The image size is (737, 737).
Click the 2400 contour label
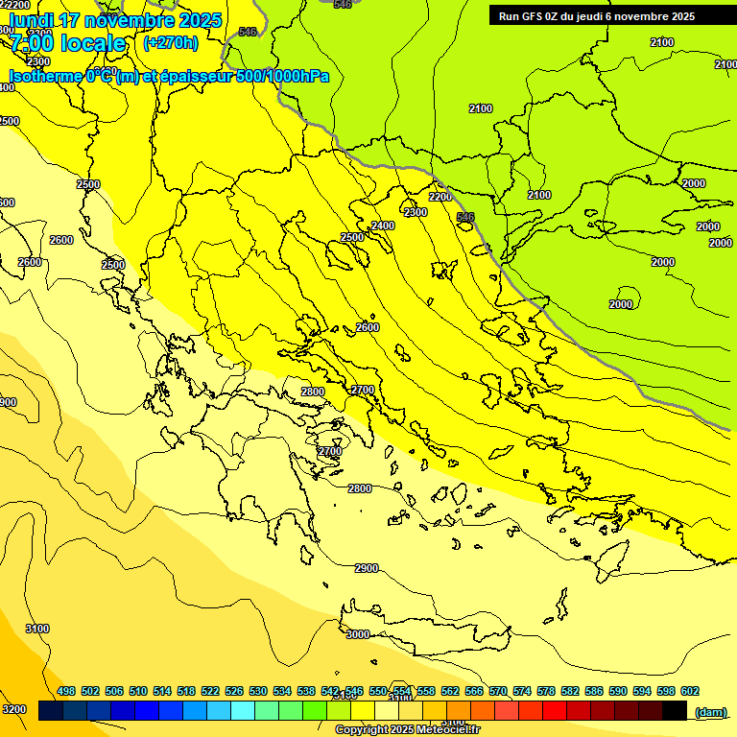coord(383,226)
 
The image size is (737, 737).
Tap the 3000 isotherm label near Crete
coord(357,634)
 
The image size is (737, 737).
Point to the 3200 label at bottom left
coord(14,709)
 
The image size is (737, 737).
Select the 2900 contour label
coord(367,568)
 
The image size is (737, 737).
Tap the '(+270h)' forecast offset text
coord(171,42)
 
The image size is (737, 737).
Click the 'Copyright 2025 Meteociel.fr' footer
coord(408,730)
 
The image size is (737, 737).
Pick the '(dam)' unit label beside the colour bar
coord(710,711)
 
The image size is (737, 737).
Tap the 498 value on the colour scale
coord(66,691)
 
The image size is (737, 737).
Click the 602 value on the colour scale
coord(689,691)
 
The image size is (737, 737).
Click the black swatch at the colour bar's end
coord(675,711)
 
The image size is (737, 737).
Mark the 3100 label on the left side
coord(36,629)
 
